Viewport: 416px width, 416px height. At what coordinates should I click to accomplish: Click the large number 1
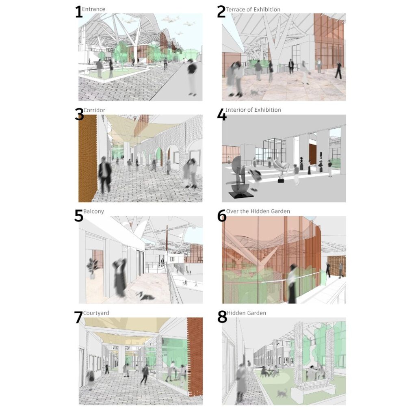click(x=79, y=12)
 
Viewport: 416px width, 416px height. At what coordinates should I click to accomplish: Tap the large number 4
click(x=222, y=115)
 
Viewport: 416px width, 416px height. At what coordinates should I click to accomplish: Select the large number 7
click(x=78, y=317)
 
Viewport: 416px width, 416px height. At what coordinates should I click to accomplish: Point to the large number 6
click(x=222, y=216)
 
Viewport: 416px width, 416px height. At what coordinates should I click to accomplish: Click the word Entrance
click(x=94, y=9)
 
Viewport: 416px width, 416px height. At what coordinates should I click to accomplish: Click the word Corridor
click(x=94, y=110)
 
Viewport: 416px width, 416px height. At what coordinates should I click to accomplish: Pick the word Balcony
click(x=94, y=211)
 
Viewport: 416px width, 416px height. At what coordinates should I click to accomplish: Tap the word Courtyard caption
click(x=96, y=313)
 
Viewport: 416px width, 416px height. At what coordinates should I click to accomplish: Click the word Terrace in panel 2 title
click(x=235, y=10)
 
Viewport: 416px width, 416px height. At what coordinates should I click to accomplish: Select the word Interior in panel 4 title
click(x=235, y=110)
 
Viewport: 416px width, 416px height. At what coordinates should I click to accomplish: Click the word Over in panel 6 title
click(x=232, y=211)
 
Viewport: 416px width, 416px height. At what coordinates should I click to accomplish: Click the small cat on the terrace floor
click(x=255, y=93)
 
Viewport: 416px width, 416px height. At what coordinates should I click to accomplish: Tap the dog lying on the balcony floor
click(x=145, y=296)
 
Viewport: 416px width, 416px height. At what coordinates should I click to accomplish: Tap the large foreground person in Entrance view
click(x=192, y=77)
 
